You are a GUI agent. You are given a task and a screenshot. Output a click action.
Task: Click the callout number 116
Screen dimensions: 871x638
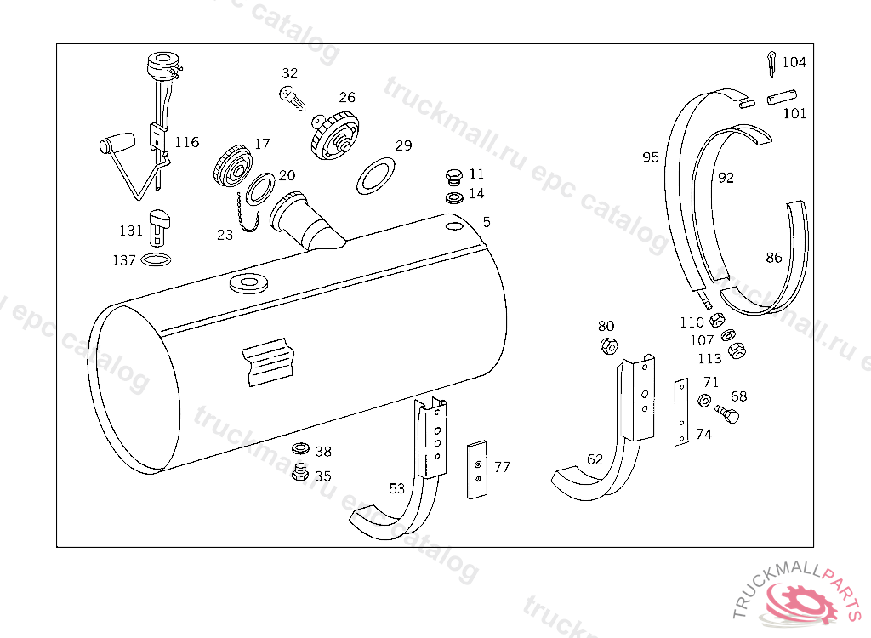pyautogui.click(x=187, y=142)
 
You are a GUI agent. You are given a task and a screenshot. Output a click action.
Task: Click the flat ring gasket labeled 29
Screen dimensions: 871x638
pyautogui.click(x=375, y=175)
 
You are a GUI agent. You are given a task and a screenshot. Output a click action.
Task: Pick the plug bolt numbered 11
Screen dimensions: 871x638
pyautogui.click(x=453, y=178)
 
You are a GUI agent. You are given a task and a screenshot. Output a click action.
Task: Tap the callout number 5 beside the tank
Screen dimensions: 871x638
pyautogui.click(x=487, y=222)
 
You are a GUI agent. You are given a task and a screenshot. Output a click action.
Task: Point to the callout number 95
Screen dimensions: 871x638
pyautogui.click(x=651, y=157)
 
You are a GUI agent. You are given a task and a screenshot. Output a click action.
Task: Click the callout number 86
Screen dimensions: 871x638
pyautogui.click(x=773, y=258)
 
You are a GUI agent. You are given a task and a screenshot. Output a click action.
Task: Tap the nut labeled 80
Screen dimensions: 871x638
pyautogui.click(x=608, y=346)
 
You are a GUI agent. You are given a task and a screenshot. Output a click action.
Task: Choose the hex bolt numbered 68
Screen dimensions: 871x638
pyautogui.click(x=726, y=415)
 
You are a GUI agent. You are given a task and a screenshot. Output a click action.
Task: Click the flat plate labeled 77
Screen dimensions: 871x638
pyautogui.click(x=478, y=469)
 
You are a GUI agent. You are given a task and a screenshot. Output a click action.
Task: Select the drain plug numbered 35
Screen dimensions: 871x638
pyautogui.click(x=299, y=474)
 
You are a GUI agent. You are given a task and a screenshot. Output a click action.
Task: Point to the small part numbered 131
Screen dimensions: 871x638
pyautogui.click(x=158, y=228)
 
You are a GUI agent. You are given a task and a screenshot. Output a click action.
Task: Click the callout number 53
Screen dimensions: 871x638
pyautogui.click(x=397, y=488)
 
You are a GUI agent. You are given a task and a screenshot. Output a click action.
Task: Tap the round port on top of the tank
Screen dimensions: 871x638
pyautogui.click(x=249, y=282)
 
